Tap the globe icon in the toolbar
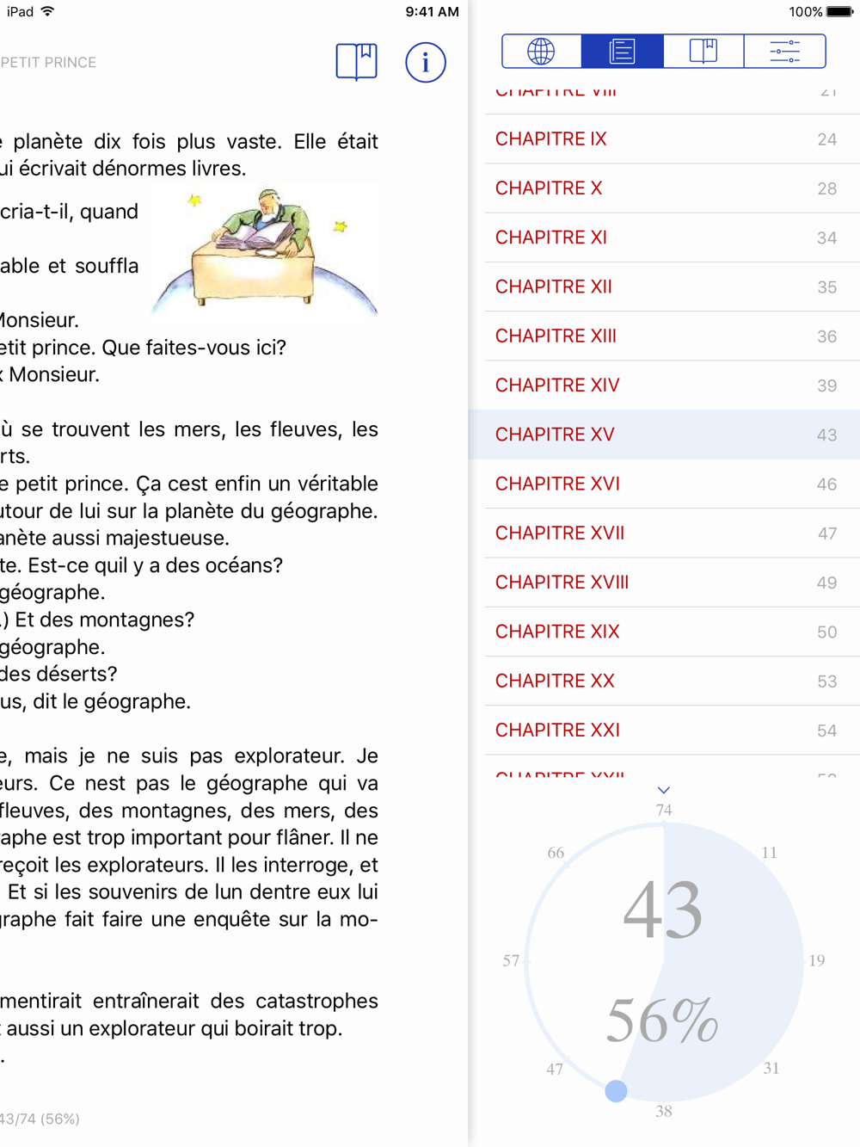pos(541,52)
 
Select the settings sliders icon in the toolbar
pos(784,52)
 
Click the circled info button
pos(426,63)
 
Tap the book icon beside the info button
pos(356,62)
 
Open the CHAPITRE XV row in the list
pos(555,435)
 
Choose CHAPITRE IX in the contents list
pos(551,139)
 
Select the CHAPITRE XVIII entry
pos(562,583)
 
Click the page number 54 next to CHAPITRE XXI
pos(826,731)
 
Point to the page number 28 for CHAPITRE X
pos(826,188)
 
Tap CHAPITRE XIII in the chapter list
pos(556,336)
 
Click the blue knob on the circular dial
pos(616,1091)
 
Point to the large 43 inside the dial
pos(663,910)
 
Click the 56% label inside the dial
pos(662,1021)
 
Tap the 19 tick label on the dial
pos(816,960)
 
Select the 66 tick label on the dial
pos(556,853)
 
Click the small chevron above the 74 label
pos(664,790)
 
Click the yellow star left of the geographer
pos(195,200)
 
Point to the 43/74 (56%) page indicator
pos(40,1119)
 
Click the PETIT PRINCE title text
pos(48,63)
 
